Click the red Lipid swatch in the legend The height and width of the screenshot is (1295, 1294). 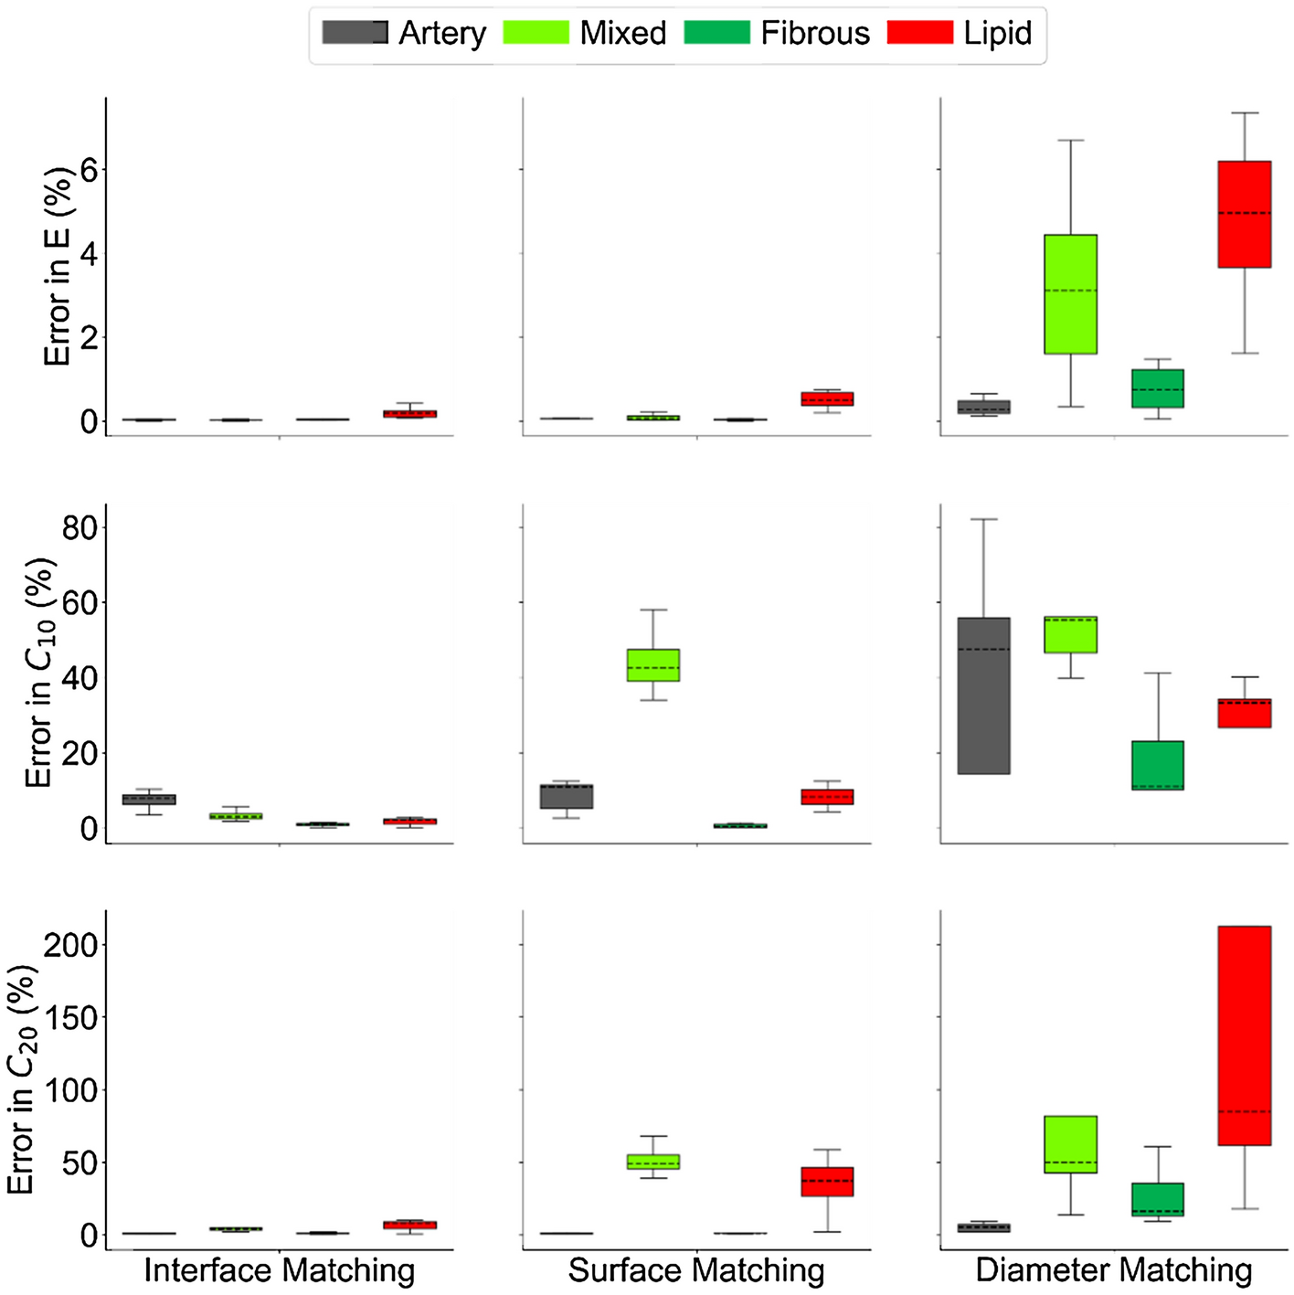point(920,33)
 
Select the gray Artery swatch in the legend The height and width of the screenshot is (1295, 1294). point(355,33)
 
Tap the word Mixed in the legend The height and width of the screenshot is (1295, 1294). point(623,33)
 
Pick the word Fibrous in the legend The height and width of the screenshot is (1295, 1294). point(815,33)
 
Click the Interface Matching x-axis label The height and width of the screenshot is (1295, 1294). point(280,1270)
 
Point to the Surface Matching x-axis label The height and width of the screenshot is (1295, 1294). point(696,1270)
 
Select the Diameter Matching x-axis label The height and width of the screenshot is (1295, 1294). point(1114,1270)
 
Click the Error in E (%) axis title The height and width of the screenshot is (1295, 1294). point(58,267)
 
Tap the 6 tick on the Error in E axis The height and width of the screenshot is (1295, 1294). point(89,170)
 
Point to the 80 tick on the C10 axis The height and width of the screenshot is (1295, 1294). point(80,527)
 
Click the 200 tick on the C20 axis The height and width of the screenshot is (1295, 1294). point(70,944)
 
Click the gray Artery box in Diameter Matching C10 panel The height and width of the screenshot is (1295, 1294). point(984,695)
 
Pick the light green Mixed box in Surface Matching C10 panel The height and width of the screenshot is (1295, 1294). point(653,664)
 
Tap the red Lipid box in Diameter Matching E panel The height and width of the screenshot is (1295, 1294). point(1245,214)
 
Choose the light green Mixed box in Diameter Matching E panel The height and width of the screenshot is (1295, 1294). point(1071,294)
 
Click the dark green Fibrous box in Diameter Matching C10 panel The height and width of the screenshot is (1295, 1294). point(1158,765)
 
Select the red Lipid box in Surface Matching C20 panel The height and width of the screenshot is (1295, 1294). point(827,1182)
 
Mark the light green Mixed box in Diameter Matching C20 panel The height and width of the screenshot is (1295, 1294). point(1071,1144)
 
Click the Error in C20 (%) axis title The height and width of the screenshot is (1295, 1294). point(22,1079)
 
